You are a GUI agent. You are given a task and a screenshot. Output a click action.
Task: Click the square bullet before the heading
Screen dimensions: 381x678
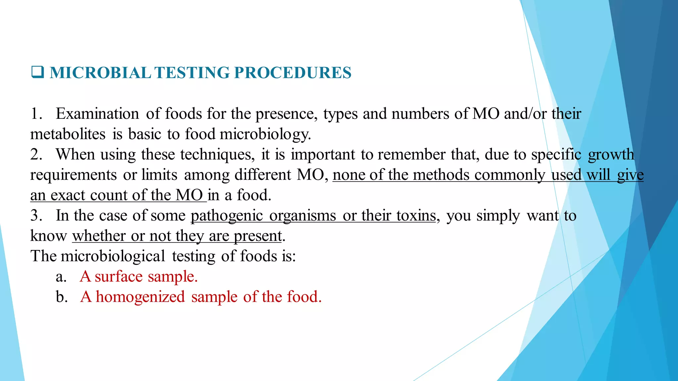pyautogui.click(x=37, y=72)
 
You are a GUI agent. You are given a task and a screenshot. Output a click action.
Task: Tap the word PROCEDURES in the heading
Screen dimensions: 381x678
pyautogui.click(x=293, y=73)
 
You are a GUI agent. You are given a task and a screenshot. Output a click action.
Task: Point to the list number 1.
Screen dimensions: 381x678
pyautogui.click(x=36, y=114)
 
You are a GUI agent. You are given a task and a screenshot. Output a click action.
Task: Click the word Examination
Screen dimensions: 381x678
pyautogui.click(x=97, y=114)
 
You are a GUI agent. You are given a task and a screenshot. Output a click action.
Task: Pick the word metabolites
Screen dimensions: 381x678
pyautogui.click(x=68, y=134)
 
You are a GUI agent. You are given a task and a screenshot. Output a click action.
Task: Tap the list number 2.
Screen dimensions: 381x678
pyautogui.click(x=36, y=154)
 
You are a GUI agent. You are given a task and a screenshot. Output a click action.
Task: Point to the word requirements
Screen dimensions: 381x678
pyautogui.click(x=73, y=175)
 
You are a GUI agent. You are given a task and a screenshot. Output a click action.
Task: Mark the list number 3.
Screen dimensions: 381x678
pyautogui.click(x=36, y=216)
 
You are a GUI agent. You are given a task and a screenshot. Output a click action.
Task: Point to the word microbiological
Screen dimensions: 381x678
pyautogui.click(x=113, y=256)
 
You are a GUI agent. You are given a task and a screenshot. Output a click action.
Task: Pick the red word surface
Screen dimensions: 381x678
pyautogui.click(x=119, y=276)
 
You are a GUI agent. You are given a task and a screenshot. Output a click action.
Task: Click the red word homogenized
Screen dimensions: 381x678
pyautogui.click(x=140, y=297)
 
